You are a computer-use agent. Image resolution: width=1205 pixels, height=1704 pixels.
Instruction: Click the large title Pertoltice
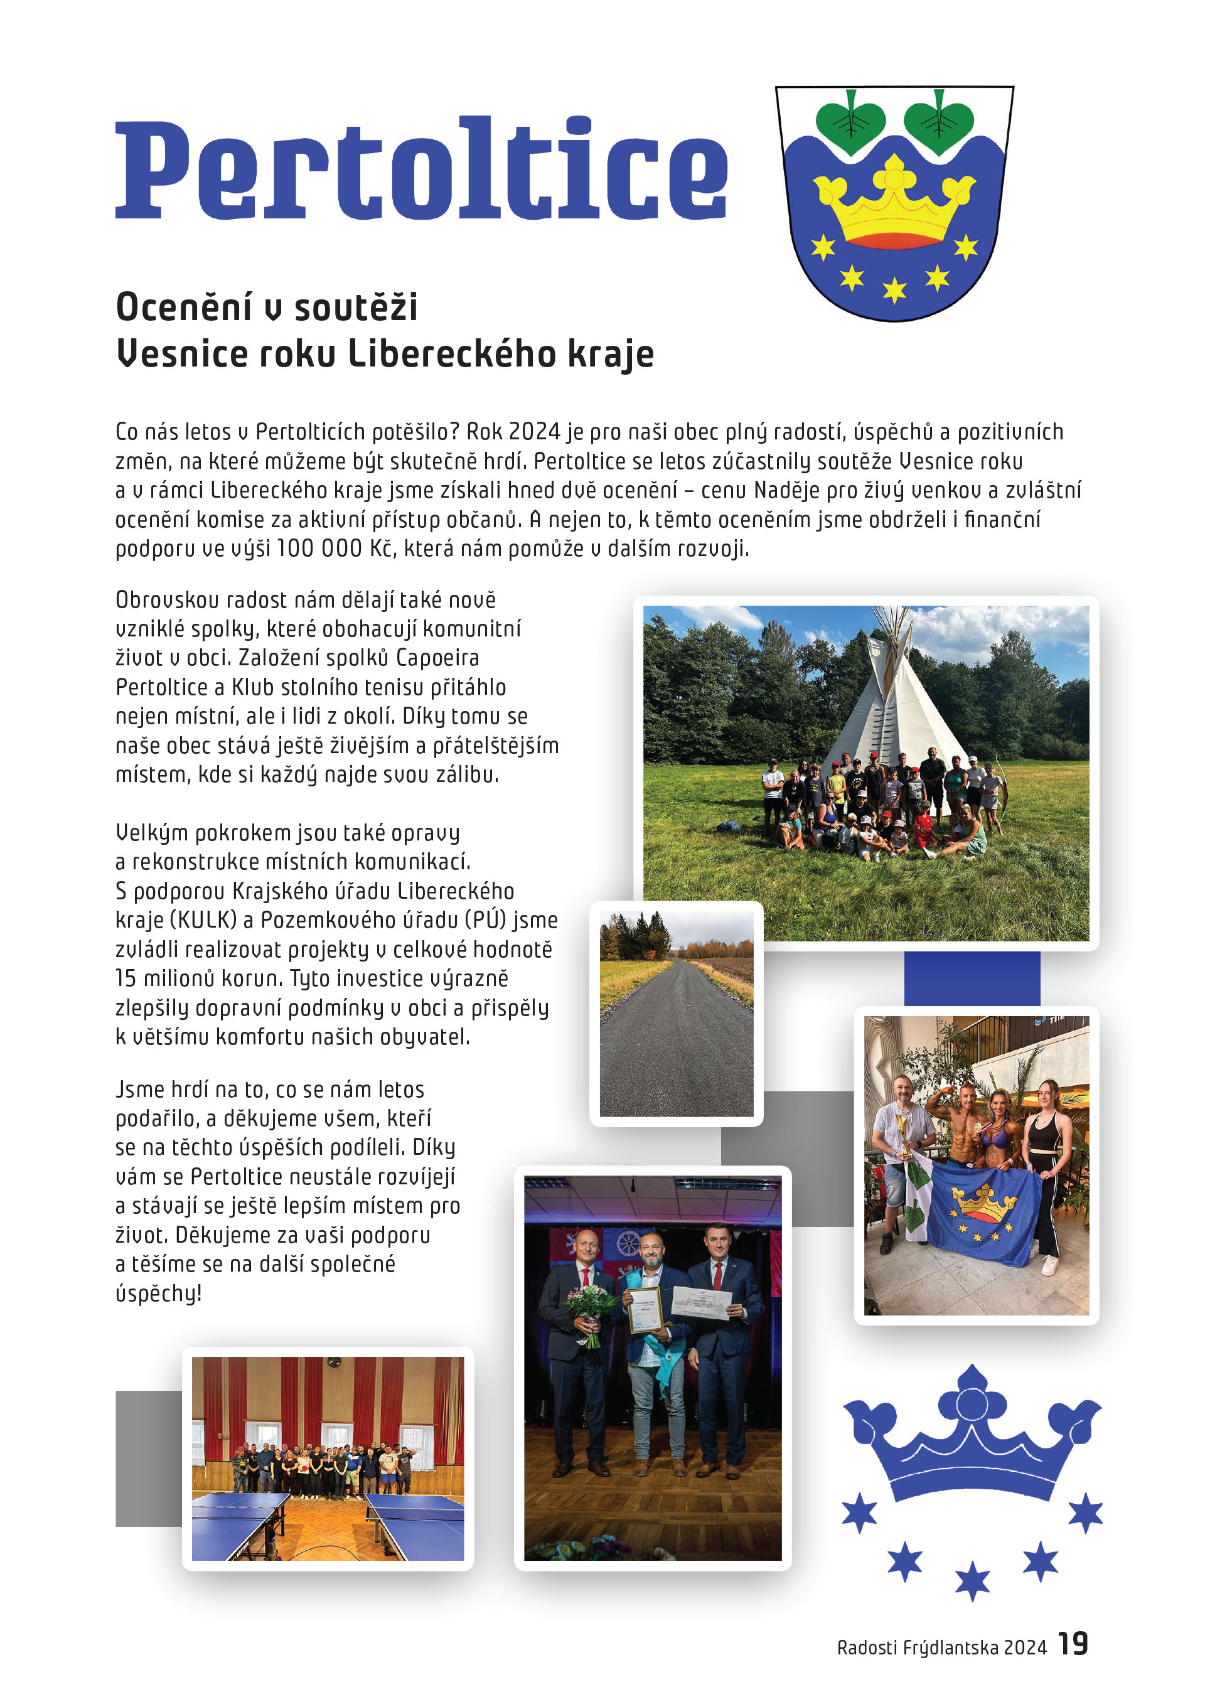[420, 169]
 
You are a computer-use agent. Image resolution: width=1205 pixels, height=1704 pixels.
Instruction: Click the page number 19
[1073, 1644]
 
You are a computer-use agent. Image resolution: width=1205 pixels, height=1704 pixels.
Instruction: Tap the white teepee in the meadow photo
[894, 705]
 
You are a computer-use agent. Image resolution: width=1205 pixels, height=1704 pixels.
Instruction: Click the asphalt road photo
[676, 1013]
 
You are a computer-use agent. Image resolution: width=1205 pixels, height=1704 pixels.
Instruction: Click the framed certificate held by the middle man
[644, 1310]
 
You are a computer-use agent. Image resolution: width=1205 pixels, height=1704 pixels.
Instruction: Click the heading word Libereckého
[452, 353]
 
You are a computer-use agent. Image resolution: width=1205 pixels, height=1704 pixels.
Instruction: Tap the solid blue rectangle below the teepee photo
[972, 978]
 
